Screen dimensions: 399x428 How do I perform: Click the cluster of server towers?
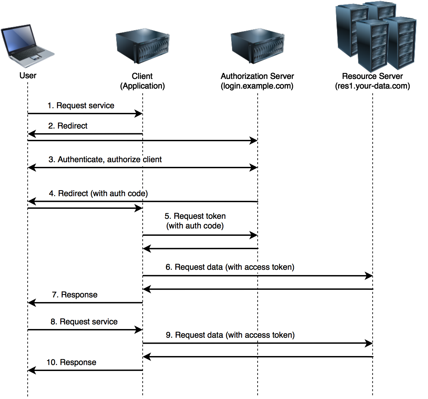[x=376, y=37]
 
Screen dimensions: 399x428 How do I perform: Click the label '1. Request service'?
[x=81, y=106]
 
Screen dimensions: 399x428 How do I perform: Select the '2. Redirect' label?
[x=68, y=126]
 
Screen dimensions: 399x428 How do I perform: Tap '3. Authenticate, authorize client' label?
[x=105, y=160]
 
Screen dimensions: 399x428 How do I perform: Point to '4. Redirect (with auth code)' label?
[x=99, y=194]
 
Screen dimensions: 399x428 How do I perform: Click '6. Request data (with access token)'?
[x=230, y=267]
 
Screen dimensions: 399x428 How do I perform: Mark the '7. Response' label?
[x=75, y=295]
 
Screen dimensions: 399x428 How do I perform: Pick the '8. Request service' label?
[x=84, y=322]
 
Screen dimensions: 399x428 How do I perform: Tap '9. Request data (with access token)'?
[x=231, y=335]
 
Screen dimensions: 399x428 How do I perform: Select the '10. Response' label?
[x=72, y=363]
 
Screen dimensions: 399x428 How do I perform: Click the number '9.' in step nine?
[x=170, y=335]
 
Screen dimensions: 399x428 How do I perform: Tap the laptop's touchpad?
[x=35, y=58]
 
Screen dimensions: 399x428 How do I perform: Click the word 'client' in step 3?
[x=152, y=160]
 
